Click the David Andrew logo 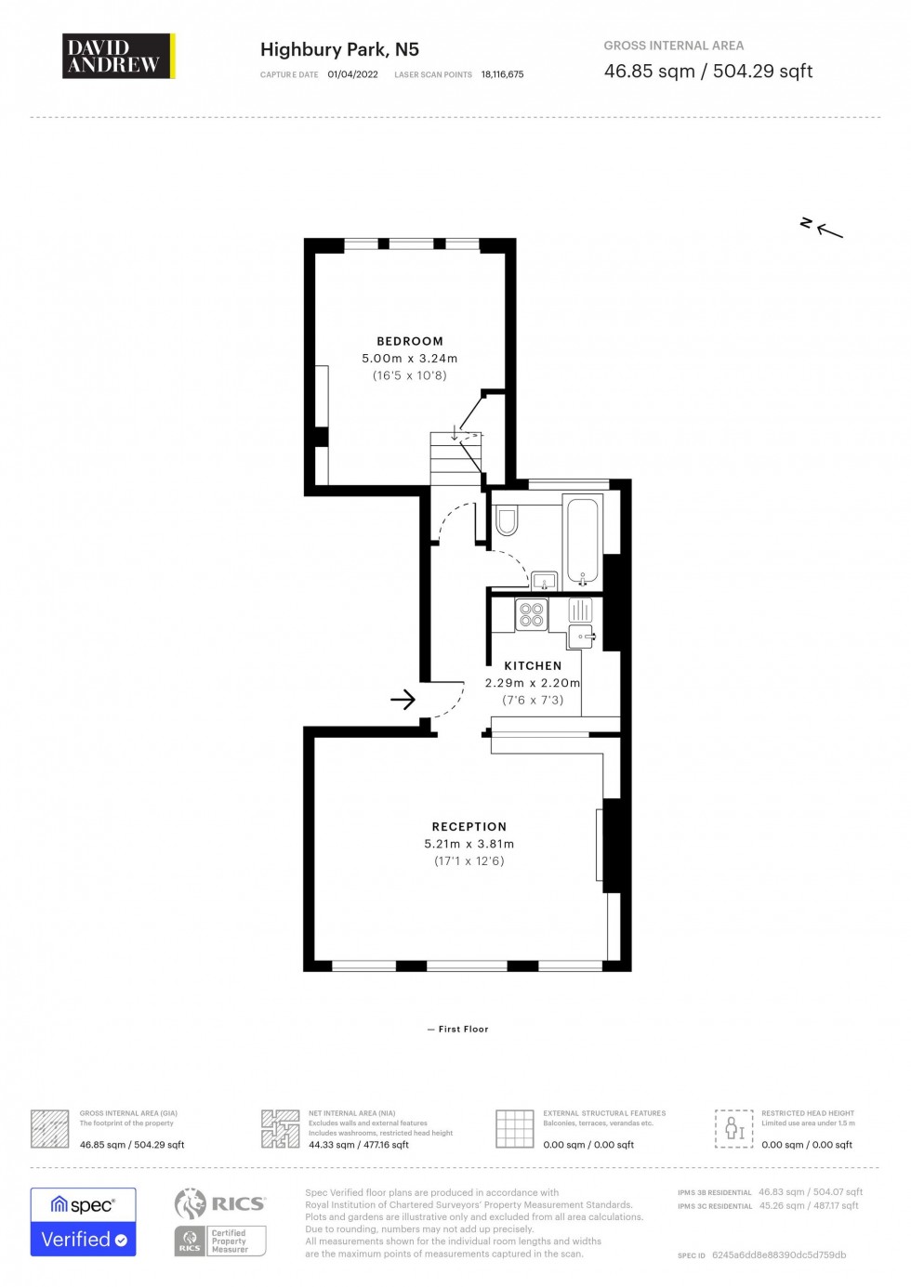pyautogui.click(x=118, y=56)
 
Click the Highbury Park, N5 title pyautogui.click(x=339, y=49)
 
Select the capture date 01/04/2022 pyautogui.click(x=352, y=74)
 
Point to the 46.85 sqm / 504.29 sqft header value pyautogui.click(x=707, y=72)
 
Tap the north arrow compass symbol pyautogui.click(x=822, y=227)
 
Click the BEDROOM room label pyautogui.click(x=410, y=341)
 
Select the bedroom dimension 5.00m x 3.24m pyautogui.click(x=410, y=359)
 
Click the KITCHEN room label pyautogui.click(x=533, y=665)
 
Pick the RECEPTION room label pyautogui.click(x=469, y=826)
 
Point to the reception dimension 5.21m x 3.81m pyautogui.click(x=469, y=844)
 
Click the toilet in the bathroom pyautogui.click(x=507, y=520)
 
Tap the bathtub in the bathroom pyautogui.click(x=583, y=542)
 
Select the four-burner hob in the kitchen pyautogui.click(x=532, y=614)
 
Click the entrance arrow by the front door pyautogui.click(x=403, y=699)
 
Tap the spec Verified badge pyautogui.click(x=84, y=1222)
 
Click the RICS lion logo pyautogui.click(x=191, y=1203)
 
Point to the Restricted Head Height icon pyautogui.click(x=733, y=1128)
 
